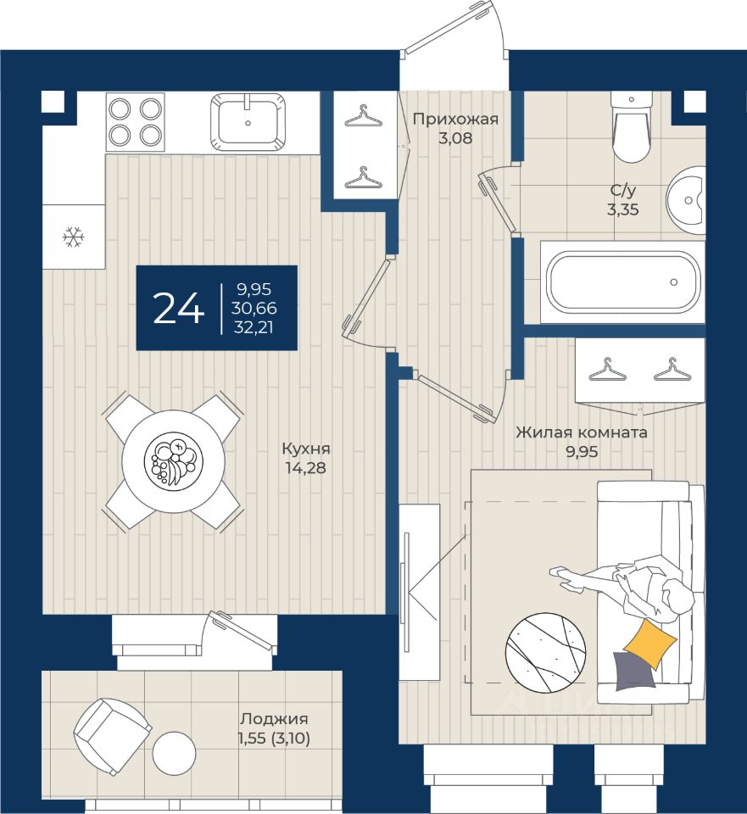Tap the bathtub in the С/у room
[622, 282]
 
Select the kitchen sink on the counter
[248, 121]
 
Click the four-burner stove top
[135, 122]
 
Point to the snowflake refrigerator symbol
[73, 237]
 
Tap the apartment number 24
[179, 308]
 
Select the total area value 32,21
[254, 327]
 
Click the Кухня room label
[306, 448]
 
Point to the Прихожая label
[455, 120]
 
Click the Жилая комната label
[582, 432]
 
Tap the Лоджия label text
[274, 719]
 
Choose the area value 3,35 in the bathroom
[623, 209]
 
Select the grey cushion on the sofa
[633, 672]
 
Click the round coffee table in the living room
[545, 653]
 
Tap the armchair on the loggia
[113, 737]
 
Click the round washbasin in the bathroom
[686, 199]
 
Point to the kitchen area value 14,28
[306, 468]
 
